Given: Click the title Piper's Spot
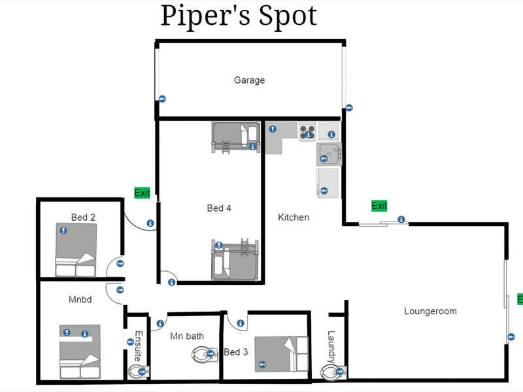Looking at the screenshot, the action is [x=239, y=16].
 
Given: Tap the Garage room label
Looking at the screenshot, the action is [x=250, y=80].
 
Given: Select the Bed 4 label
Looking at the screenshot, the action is [x=219, y=208].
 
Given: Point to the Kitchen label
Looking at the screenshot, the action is [x=294, y=218].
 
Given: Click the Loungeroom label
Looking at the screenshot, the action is [x=430, y=312].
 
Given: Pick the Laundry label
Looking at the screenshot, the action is [x=331, y=347].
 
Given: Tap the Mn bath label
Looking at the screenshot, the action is [x=187, y=336].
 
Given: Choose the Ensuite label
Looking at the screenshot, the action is [x=139, y=346].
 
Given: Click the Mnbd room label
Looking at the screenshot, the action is [x=80, y=299].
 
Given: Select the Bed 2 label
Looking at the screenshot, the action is [x=83, y=218].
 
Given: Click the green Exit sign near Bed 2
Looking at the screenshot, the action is [x=142, y=193].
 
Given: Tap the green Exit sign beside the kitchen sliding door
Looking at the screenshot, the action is [x=379, y=206].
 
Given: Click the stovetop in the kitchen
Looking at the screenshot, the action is [x=307, y=132].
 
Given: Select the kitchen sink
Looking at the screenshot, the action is [x=329, y=154].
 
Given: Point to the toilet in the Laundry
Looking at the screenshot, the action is [x=333, y=372].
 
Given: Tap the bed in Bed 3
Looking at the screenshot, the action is [x=282, y=354].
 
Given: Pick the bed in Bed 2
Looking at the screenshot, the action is [x=76, y=250].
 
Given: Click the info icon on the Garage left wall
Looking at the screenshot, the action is [x=162, y=99].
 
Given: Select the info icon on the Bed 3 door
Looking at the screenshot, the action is [x=240, y=323].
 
